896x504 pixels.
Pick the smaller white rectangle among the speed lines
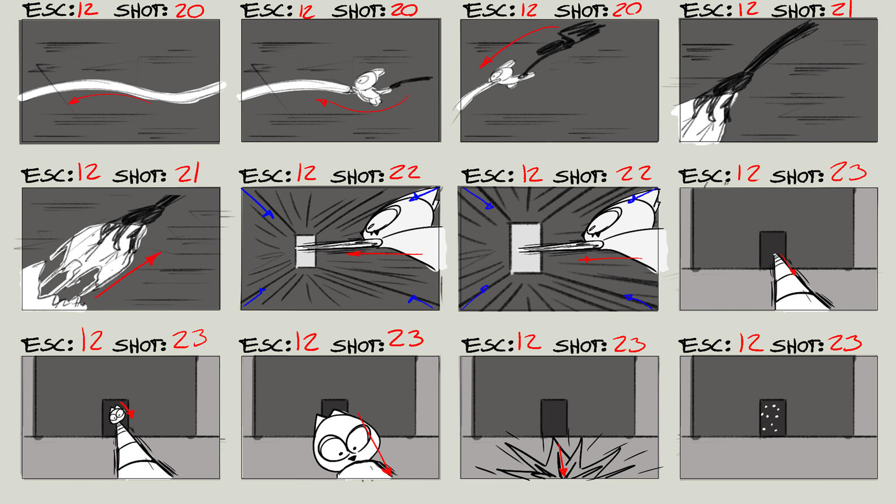pos(306,251)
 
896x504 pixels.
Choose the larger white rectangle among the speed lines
pos(525,248)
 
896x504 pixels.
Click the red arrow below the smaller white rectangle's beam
pos(384,254)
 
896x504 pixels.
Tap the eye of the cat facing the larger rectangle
pos(603,221)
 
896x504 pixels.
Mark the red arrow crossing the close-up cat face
pos(374,445)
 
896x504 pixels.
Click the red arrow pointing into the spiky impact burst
pos(561,459)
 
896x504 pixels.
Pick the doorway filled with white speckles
pos(773,418)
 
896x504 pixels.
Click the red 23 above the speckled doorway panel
pos(845,343)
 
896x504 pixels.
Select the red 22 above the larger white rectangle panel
pos(634,173)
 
